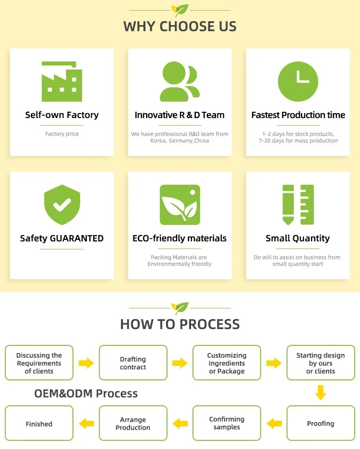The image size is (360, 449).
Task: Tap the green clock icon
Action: (x=298, y=82)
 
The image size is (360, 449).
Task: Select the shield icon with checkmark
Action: (x=62, y=205)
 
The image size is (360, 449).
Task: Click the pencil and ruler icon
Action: (x=298, y=205)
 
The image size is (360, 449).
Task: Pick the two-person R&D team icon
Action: (x=180, y=82)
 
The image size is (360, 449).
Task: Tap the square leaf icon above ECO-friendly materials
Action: (x=180, y=205)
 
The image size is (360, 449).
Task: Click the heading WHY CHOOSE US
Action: (x=180, y=26)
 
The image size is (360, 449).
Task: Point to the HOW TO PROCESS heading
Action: (x=180, y=324)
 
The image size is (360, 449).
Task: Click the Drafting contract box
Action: (x=133, y=363)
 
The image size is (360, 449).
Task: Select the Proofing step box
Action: (x=321, y=424)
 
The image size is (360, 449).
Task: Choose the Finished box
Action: (x=39, y=424)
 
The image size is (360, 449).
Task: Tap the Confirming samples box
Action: (x=227, y=424)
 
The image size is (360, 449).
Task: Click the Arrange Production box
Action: (x=133, y=424)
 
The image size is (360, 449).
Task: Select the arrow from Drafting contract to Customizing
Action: (x=180, y=363)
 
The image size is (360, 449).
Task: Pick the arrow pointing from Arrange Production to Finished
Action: (x=86, y=423)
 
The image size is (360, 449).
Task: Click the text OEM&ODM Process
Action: (x=86, y=394)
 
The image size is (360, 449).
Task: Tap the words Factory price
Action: (x=62, y=134)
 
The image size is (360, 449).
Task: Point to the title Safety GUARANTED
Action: (x=62, y=238)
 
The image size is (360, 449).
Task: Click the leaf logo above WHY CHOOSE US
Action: (x=180, y=10)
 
